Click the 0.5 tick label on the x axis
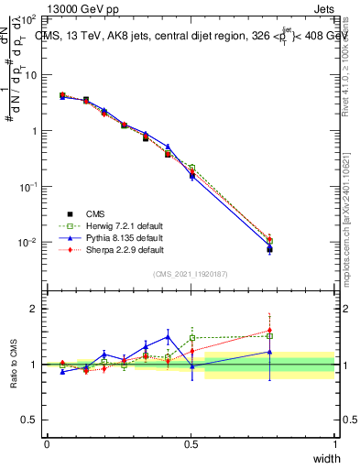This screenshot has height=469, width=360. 191,444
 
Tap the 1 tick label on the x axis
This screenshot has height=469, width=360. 335,444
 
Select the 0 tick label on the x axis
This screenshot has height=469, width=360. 47,444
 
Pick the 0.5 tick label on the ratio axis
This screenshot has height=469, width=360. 29,420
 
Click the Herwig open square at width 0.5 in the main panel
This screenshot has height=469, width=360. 191,168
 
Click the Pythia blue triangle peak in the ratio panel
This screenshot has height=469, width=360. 168,335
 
